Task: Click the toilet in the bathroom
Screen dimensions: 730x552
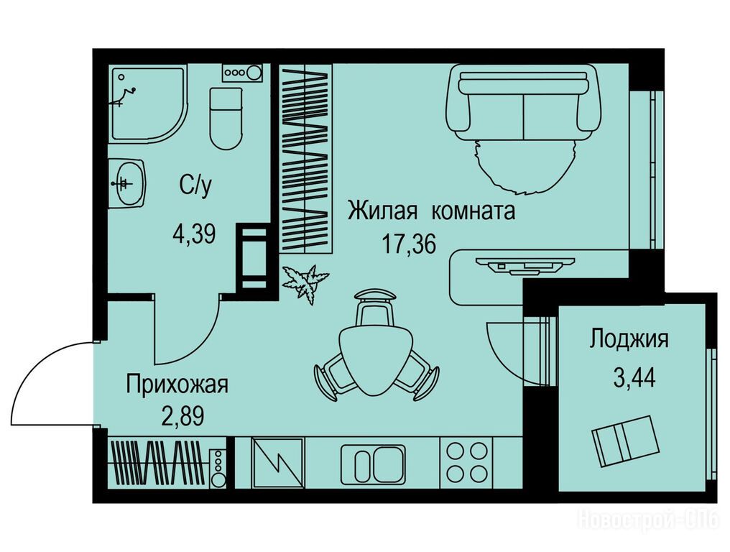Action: tap(226, 119)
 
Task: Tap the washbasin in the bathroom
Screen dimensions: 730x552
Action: tap(126, 183)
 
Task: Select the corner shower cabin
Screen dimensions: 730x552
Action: tap(148, 104)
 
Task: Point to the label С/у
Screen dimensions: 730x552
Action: tap(195, 186)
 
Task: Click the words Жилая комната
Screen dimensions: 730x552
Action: tap(432, 211)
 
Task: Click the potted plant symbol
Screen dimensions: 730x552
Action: tap(305, 283)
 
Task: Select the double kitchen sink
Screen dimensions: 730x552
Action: tap(373, 464)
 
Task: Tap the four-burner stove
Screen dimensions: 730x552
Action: tap(467, 463)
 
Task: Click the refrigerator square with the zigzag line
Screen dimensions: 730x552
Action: tap(277, 463)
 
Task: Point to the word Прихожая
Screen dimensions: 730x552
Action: tap(177, 386)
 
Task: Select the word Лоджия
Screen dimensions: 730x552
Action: tap(629, 339)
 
